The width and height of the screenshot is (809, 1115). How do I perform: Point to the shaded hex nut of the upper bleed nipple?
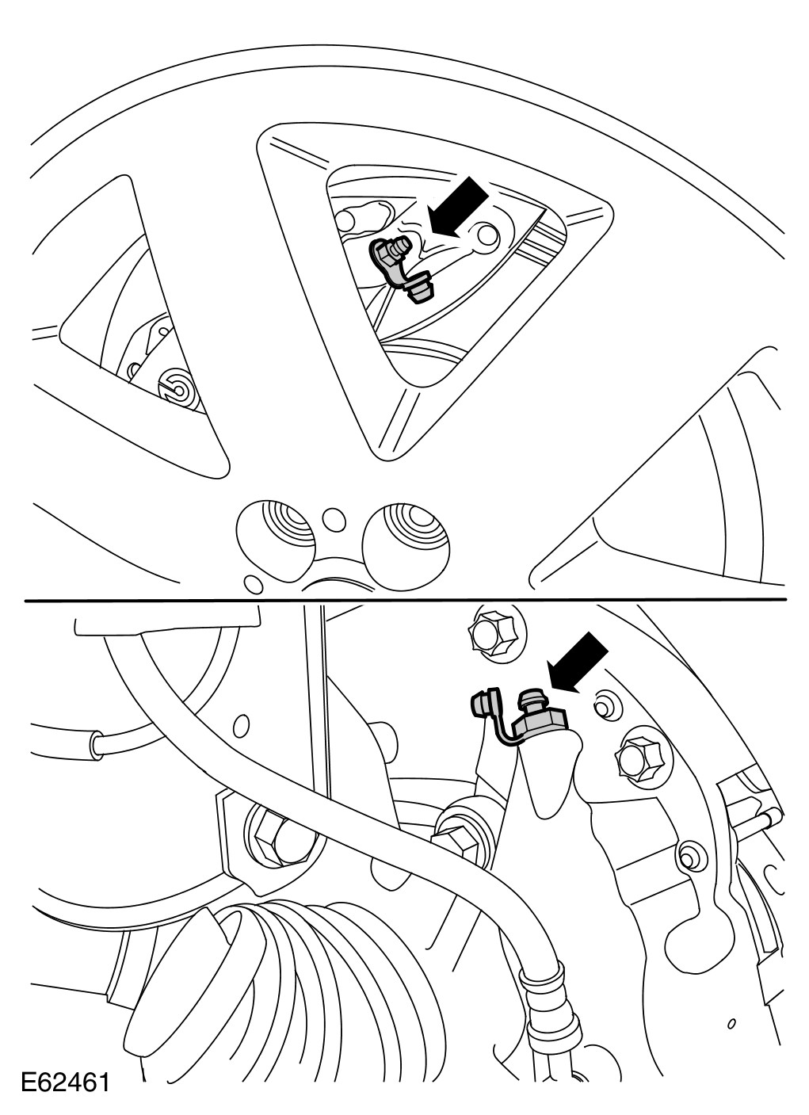pos(384,252)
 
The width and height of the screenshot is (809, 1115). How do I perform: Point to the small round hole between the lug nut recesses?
pos(334,520)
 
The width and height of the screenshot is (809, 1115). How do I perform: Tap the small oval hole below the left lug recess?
pos(254,583)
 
